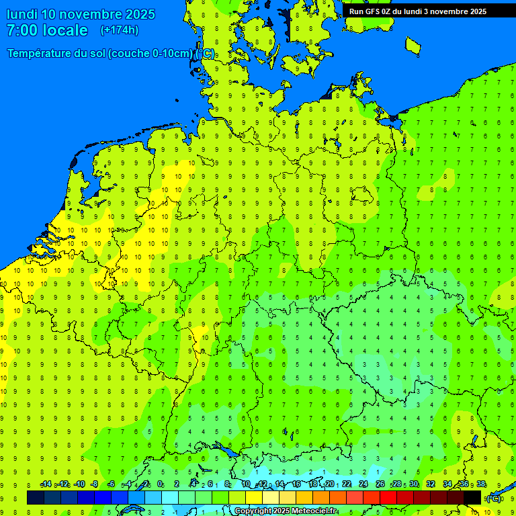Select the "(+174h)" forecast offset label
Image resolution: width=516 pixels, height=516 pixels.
tap(119, 30)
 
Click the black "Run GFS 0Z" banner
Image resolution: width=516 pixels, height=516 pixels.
tap(417, 11)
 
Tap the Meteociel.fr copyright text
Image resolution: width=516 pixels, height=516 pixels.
tap(286, 511)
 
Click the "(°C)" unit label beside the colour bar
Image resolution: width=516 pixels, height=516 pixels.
tap(493, 498)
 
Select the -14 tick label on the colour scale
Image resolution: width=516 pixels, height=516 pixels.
tap(46, 484)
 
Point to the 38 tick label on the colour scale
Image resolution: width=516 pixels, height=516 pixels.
tap(481, 484)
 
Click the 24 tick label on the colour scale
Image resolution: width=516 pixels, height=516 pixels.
tap(363, 484)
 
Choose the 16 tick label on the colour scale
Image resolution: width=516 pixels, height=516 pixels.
tap(296, 484)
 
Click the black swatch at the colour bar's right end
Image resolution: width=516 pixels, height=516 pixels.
tap(472, 497)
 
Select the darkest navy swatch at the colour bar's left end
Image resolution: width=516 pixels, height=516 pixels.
tap(36, 497)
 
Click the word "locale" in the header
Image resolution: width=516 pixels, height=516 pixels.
tap(64, 30)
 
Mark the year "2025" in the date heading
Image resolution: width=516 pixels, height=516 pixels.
tap(140, 14)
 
